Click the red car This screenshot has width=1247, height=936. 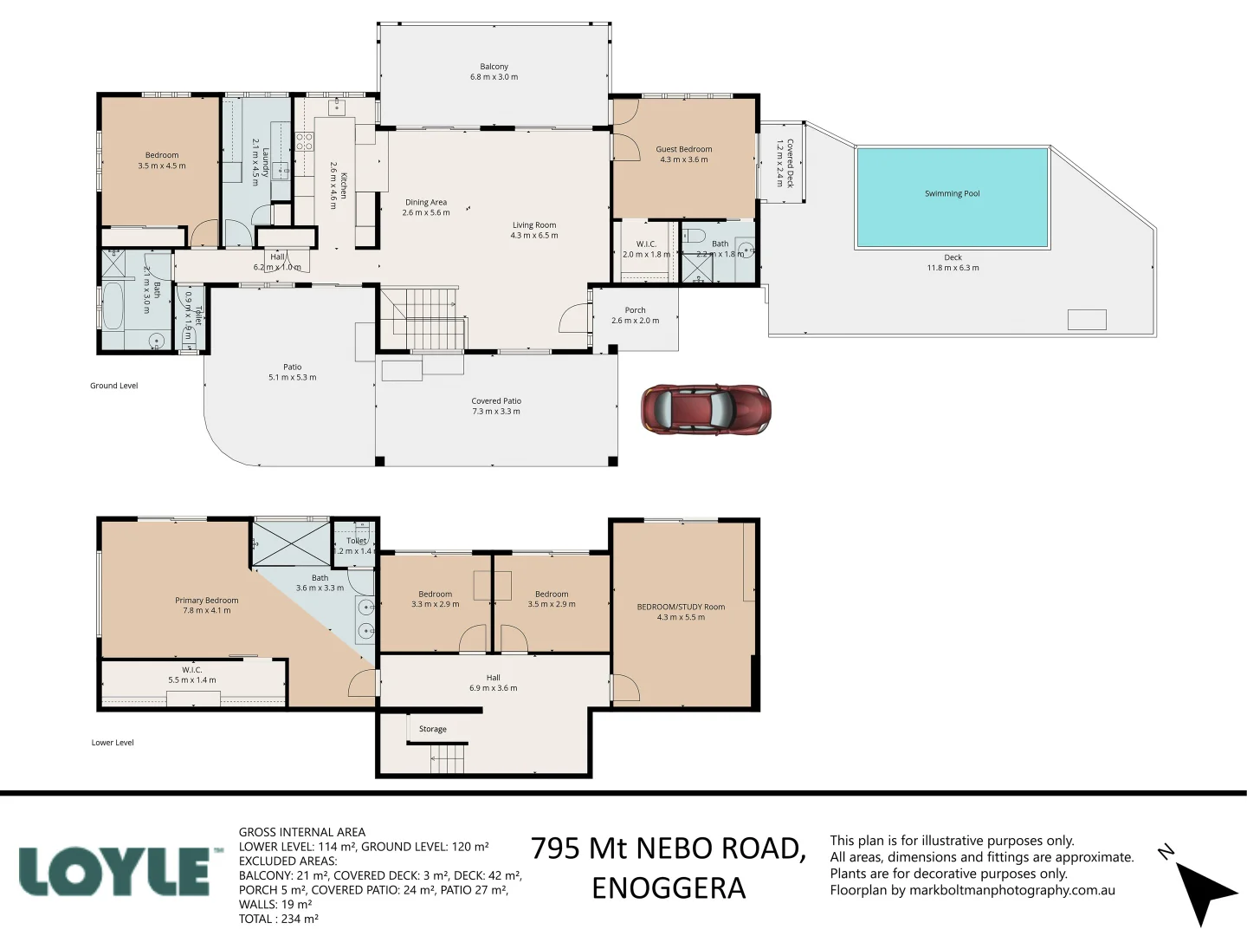pos(706,409)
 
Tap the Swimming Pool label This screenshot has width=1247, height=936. pos(952,194)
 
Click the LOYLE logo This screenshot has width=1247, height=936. pos(115,871)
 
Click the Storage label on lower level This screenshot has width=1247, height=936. pos(433,729)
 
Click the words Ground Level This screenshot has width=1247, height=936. pos(113,386)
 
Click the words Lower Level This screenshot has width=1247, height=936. pos(113,743)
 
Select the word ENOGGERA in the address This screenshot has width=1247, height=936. pos(668,888)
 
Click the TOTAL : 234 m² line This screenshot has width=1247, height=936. pos(278,919)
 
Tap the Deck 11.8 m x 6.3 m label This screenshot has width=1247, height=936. pos(953,263)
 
